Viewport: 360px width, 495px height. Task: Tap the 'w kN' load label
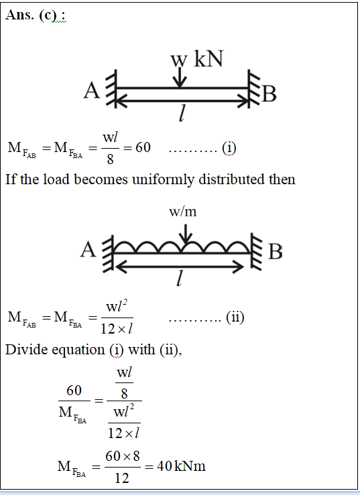click(197, 59)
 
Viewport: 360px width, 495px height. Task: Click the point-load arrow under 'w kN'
click(179, 77)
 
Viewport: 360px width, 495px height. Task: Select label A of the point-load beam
click(91, 90)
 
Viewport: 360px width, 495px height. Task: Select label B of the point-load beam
click(269, 94)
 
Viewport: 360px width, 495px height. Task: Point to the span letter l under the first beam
click(182, 114)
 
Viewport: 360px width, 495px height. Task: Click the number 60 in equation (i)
click(143, 147)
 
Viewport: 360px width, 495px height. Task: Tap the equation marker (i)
click(229, 148)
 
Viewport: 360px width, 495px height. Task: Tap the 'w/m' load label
click(183, 212)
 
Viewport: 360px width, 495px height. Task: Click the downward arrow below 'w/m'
click(186, 234)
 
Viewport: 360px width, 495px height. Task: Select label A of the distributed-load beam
click(88, 250)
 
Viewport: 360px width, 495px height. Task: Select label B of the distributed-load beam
click(275, 252)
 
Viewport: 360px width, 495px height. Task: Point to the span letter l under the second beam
click(179, 279)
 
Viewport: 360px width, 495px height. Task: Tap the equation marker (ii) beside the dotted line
click(235, 317)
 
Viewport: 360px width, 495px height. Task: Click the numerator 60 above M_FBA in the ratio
click(74, 391)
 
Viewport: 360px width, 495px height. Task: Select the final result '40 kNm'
click(181, 466)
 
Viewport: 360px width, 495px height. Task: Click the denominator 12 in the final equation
click(122, 478)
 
